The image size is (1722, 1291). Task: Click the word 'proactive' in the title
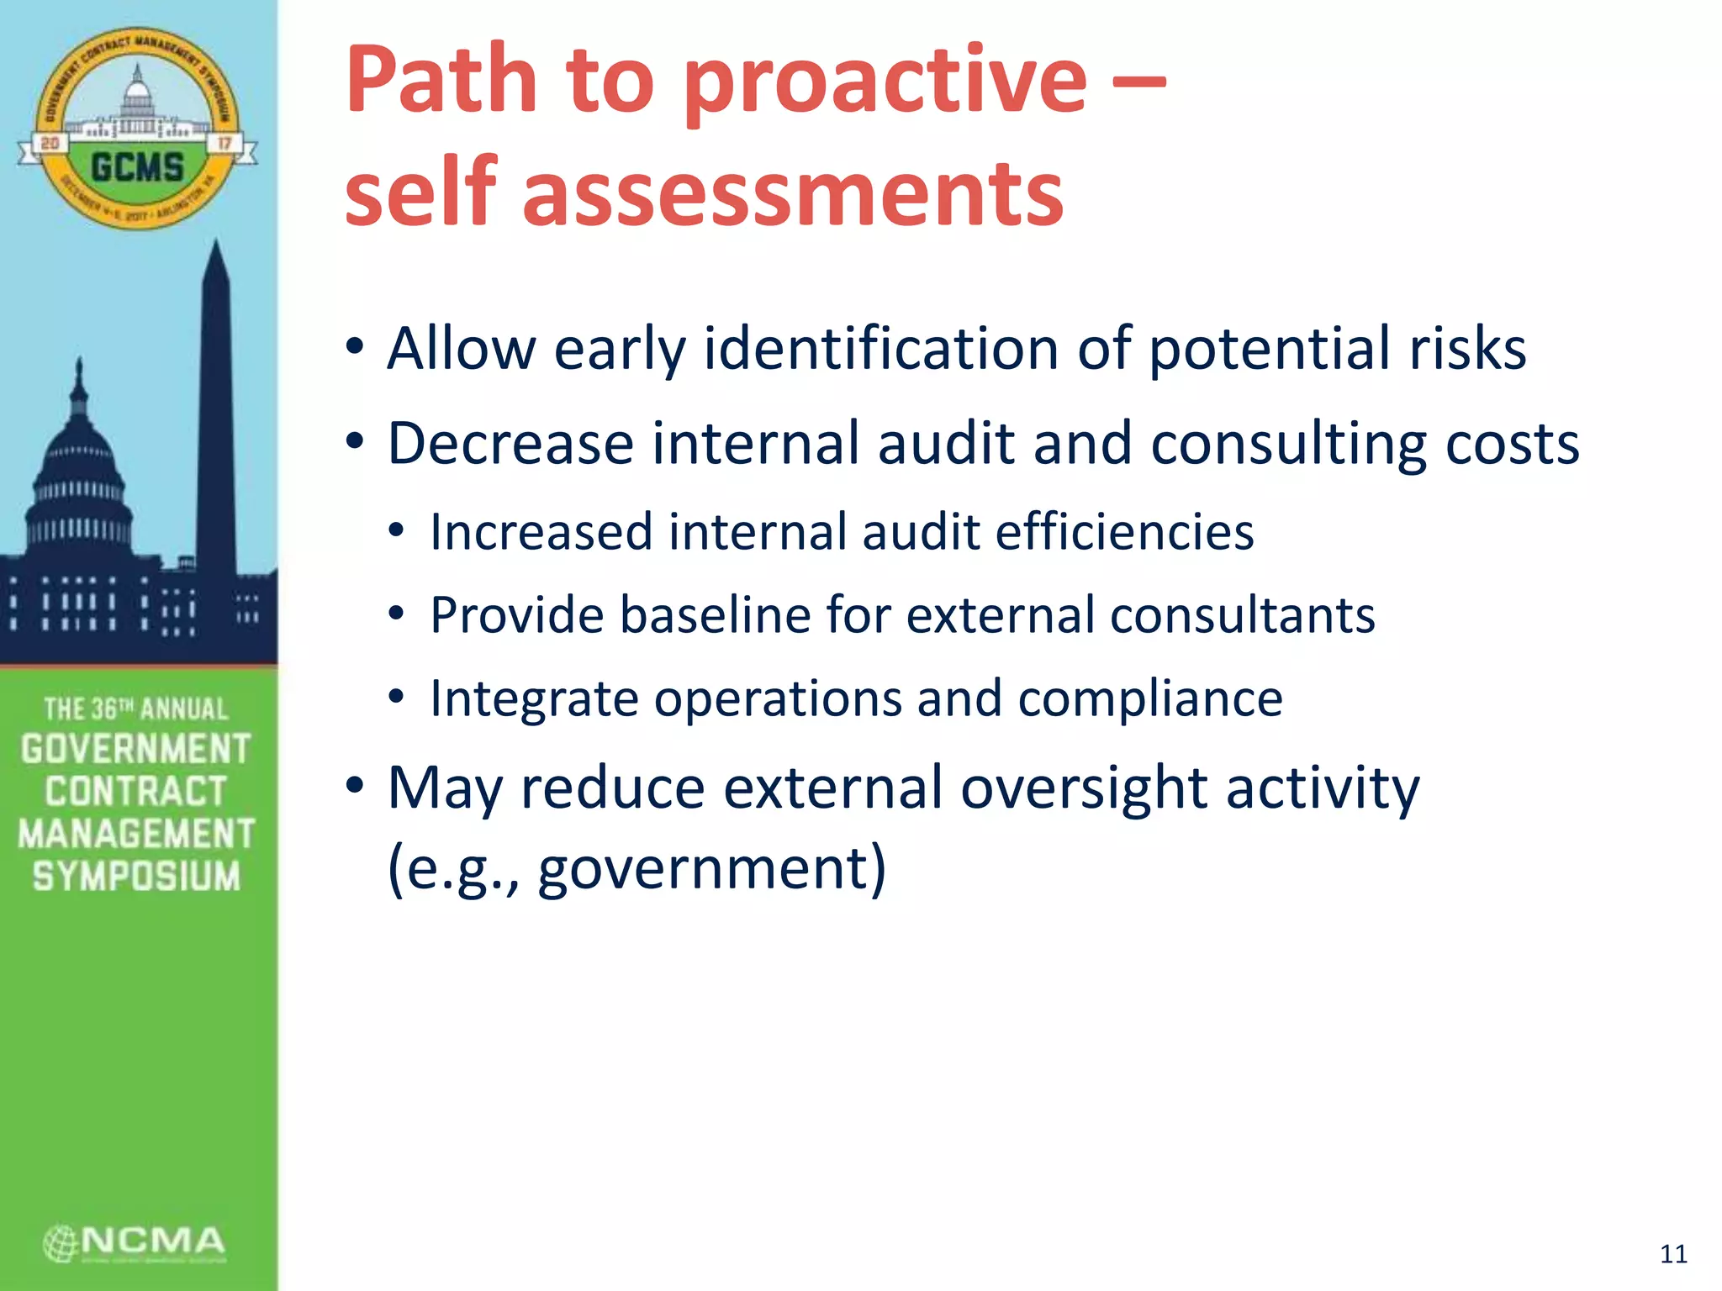pyautogui.click(x=885, y=82)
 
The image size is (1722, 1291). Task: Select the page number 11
pyautogui.click(x=1673, y=1254)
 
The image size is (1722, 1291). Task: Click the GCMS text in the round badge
pyautogui.click(x=137, y=166)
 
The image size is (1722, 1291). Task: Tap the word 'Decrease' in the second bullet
pyautogui.click(x=510, y=443)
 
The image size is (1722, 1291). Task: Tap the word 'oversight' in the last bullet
pyautogui.click(x=1083, y=788)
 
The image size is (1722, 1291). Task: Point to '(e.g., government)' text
pyautogui.click(x=637, y=867)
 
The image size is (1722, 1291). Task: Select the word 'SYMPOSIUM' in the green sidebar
pyautogui.click(x=136, y=876)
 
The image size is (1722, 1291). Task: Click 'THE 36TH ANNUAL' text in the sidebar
pyautogui.click(x=136, y=709)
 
